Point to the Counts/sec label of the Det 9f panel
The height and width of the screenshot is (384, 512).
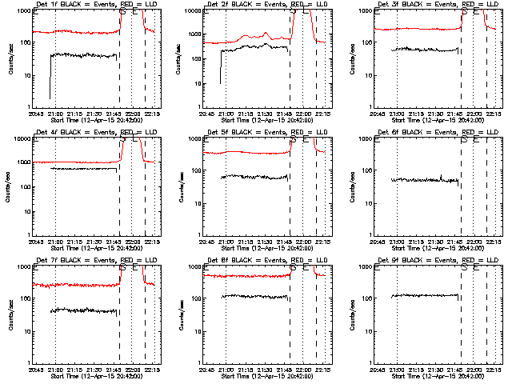coord(353,313)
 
